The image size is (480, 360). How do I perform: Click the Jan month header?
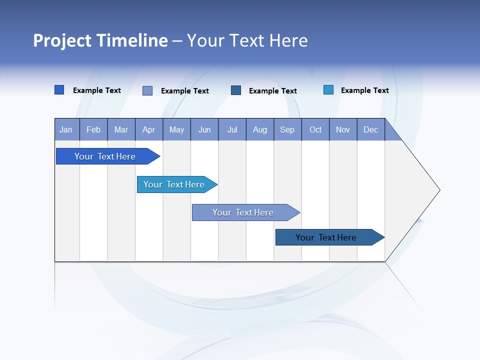(x=66, y=129)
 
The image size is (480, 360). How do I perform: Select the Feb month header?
(x=93, y=129)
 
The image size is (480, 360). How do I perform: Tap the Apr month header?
(x=149, y=129)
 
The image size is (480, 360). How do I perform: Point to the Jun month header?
(x=204, y=129)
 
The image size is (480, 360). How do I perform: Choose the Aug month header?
(x=260, y=129)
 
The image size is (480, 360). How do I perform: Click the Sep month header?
(x=287, y=129)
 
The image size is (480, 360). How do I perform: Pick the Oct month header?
(x=315, y=129)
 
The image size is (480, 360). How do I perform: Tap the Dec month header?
(x=371, y=129)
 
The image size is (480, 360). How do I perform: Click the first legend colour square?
(x=59, y=90)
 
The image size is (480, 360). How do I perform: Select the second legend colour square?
(x=147, y=90)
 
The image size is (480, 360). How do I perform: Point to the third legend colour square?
(x=236, y=90)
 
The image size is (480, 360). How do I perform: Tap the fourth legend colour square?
(x=328, y=90)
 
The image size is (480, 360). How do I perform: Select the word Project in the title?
(x=62, y=40)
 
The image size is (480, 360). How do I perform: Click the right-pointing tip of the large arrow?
(x=438, y=190)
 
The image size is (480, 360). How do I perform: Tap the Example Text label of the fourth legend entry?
(x=365, y=90)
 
